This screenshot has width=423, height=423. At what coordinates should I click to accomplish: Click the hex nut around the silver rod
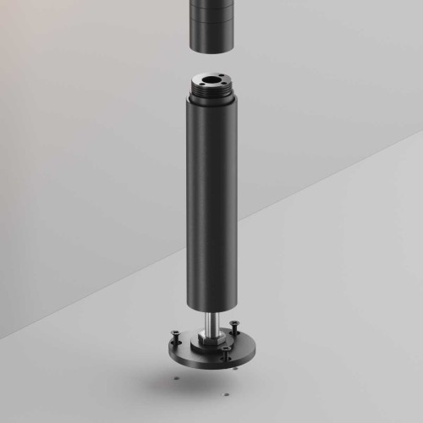[x=209, y=339]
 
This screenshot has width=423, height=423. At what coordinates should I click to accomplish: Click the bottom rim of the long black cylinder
[x=209, y=308]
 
